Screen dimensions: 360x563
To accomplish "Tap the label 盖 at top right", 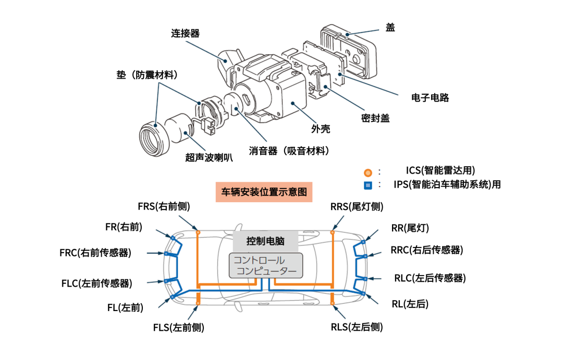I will pos(390,28).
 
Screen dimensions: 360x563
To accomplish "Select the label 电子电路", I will pos(430,97).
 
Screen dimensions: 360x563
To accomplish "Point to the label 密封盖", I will pos(375,118).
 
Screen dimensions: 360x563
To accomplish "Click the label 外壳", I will pos(321,129).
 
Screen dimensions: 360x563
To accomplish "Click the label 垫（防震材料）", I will pos(148,75).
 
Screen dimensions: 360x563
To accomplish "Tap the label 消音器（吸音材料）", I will pos(289,151).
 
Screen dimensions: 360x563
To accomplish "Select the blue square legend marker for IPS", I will pos(368,185).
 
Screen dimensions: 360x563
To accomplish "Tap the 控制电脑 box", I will pos(265,241).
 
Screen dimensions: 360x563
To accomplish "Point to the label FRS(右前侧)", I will pos(164,206).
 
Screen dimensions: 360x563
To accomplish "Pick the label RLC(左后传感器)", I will pos(430,278).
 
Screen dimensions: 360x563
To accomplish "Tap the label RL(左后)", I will pos(410,304).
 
